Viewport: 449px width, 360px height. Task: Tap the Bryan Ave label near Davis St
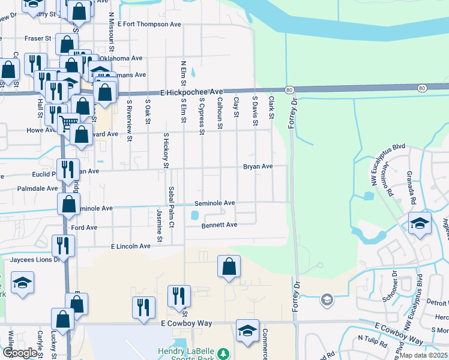(x=258, y=166)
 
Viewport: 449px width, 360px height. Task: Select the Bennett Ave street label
(x=220, y=225)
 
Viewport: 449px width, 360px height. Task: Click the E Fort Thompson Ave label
(x=149, y=25)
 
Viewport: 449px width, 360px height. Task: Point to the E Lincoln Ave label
(x=131, y=246)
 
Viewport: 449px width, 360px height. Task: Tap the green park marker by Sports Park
(x=223, y=353)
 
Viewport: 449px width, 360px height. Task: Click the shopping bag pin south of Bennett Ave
(x=229, y=266)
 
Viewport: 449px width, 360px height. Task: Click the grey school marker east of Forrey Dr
(x=327, y=299)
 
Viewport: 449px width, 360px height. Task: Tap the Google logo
(x=20, y=353)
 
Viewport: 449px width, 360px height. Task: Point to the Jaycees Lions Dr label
(x=35, y=260)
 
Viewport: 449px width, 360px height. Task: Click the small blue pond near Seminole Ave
(x=194, y=214)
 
